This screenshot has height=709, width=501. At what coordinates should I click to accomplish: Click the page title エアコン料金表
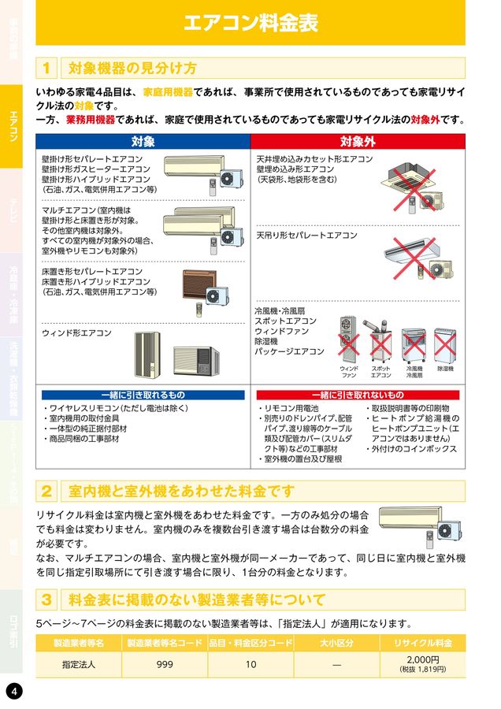tap(250, 23)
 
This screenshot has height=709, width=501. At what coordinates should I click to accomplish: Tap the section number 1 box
tap(47, 68)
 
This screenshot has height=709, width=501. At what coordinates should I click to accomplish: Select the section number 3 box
tap(47, 599)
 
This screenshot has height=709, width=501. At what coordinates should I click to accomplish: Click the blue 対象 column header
tap(143, 142)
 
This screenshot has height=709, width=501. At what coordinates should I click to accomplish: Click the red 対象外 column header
tap(358, 142)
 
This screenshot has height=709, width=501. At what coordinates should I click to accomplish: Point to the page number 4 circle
tap(15, 691)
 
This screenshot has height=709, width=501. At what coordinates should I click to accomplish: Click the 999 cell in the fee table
tap(165, 664)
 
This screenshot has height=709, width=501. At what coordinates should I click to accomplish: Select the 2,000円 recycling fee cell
tap(422, 664)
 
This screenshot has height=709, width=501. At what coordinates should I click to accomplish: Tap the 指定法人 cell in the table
tap(79, 664)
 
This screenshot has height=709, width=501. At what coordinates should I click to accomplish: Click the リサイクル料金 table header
tap(422, 643)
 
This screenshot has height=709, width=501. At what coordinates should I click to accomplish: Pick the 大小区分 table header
tap(336, 643)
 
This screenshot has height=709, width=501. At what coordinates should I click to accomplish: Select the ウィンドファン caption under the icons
tap(349, 372)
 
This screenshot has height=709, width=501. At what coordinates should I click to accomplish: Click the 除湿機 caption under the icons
tap(445, 369)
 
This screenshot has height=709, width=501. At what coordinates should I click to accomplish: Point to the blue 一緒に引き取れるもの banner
tap(143, 395)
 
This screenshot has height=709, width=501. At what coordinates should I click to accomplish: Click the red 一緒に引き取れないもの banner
tap(358, 395)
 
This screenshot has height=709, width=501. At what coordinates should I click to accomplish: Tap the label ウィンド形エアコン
tap(76, 333)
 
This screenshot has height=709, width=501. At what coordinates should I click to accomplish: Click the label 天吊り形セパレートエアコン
tap(306, 236)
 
